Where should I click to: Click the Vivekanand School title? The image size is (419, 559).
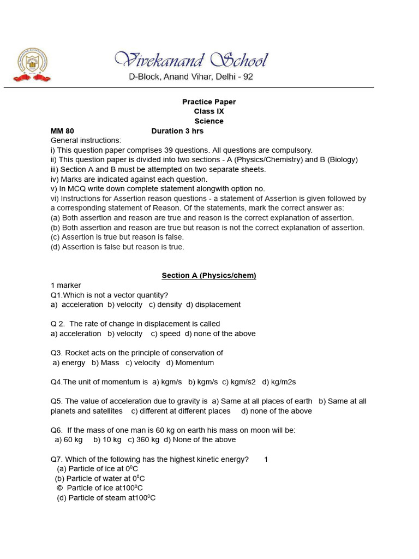(x=191, y=60)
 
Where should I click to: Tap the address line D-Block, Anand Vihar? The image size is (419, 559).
(x=191, y=77)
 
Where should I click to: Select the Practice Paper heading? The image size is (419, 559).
(x=209, y=102)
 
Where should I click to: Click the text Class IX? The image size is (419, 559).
(x=209, y=111)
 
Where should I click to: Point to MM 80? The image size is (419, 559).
(x=62, y=131)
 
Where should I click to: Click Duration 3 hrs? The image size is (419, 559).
(x=177, y=131)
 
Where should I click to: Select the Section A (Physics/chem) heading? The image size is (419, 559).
(x=209, y=276)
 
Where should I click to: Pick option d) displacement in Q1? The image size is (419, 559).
(x=213, y=305)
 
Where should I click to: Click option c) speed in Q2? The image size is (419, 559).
(x=166, y=334)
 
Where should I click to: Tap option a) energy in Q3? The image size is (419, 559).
(x=69, y=362)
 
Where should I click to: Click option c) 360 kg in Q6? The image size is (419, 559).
(x=144, y=439)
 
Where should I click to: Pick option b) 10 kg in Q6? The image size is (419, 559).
(x=107, y=439)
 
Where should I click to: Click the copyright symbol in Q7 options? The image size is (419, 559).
(x=59, y=488)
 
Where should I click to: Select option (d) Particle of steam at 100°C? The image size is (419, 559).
(x=106, y=498)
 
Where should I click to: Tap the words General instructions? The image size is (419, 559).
(x=86, y=140)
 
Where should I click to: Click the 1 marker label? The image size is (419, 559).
(x=65, y=286)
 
